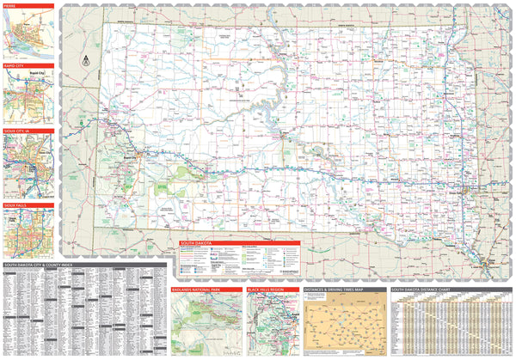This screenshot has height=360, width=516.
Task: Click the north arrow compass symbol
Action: point(85,60)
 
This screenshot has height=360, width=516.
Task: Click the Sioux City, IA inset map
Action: point(29,168)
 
